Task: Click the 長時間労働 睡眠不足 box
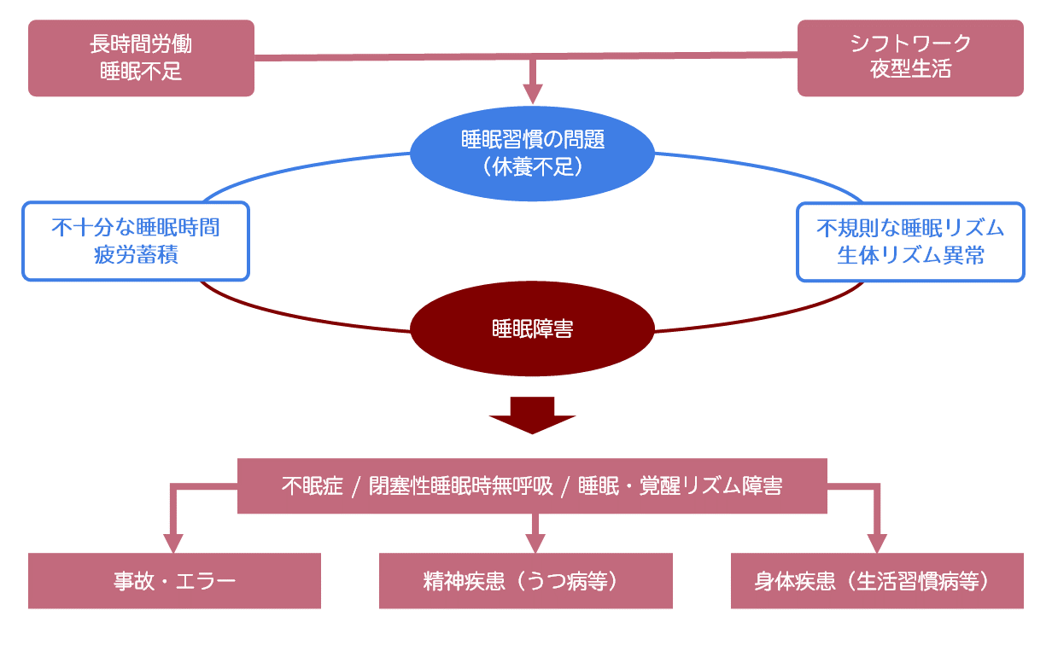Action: coord(141,58)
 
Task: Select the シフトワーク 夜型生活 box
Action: coord(910,58)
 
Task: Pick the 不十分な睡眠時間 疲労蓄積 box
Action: coord(136,241)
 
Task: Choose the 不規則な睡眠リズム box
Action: coord(910,241)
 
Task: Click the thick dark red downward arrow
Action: coord(532,415)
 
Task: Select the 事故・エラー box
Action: coord(174,581)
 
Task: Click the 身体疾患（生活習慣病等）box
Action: coord(877,581)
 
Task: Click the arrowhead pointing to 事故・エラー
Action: coord(174,543)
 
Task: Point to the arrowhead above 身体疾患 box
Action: coord(877,543)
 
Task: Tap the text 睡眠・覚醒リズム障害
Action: coord(680,486)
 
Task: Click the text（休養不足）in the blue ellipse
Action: coord(532,166)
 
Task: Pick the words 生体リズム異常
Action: coord(910,255)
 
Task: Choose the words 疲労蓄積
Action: coord(136,255)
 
